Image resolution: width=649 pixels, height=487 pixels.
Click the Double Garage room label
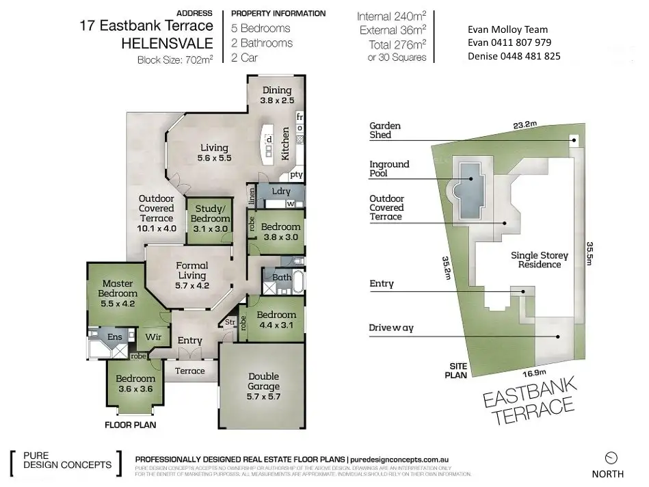coord(263,381)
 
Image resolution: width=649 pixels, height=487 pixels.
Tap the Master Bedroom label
coord(117,289)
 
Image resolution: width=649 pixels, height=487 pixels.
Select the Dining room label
coord(276,95)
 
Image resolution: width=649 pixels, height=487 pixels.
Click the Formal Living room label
coord(191,271)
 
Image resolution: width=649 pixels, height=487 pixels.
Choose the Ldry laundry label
coord(282,192)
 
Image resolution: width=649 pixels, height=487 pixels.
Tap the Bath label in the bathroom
coord(282,278)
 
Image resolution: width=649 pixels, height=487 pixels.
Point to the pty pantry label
coord(295,174)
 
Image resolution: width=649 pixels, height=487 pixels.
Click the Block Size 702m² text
coord(176,60)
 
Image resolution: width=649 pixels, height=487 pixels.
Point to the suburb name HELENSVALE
coord(168,43)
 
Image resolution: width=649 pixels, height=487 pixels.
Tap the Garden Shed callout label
coord(385,131)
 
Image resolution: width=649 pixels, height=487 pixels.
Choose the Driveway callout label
coord(391,328)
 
